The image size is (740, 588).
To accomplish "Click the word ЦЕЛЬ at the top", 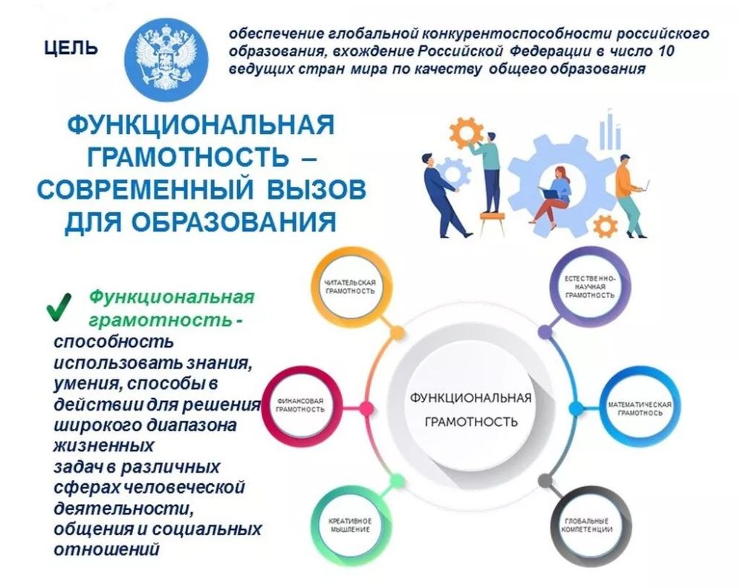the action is click(x=71, y=48).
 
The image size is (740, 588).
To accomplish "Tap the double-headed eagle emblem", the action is click(x=166, y=56).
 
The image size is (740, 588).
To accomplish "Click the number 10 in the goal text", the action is click(x=664, y=51).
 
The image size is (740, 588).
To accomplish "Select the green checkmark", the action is click(x=59, y=306).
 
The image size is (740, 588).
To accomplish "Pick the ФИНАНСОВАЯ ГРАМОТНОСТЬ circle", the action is click(x=300, y=405).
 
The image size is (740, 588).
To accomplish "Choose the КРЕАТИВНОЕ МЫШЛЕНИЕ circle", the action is click(x=350, y=525).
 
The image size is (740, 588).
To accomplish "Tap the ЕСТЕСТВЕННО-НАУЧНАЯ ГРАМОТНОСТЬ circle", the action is click(x=590, y=287).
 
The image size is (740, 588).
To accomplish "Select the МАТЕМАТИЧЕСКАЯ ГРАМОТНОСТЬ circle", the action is click(x=639, y=409).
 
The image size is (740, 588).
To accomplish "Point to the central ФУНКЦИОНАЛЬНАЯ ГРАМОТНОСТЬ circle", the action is click(x=470, y=408).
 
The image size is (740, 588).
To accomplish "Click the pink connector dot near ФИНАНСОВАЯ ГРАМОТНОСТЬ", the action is click(x=366, y=408).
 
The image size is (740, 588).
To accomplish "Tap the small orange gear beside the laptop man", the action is click(x=606, y=226).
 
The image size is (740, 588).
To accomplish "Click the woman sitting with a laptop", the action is click(x=552, y=195).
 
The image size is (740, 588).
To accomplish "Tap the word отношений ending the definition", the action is click(x=106, y=549).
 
